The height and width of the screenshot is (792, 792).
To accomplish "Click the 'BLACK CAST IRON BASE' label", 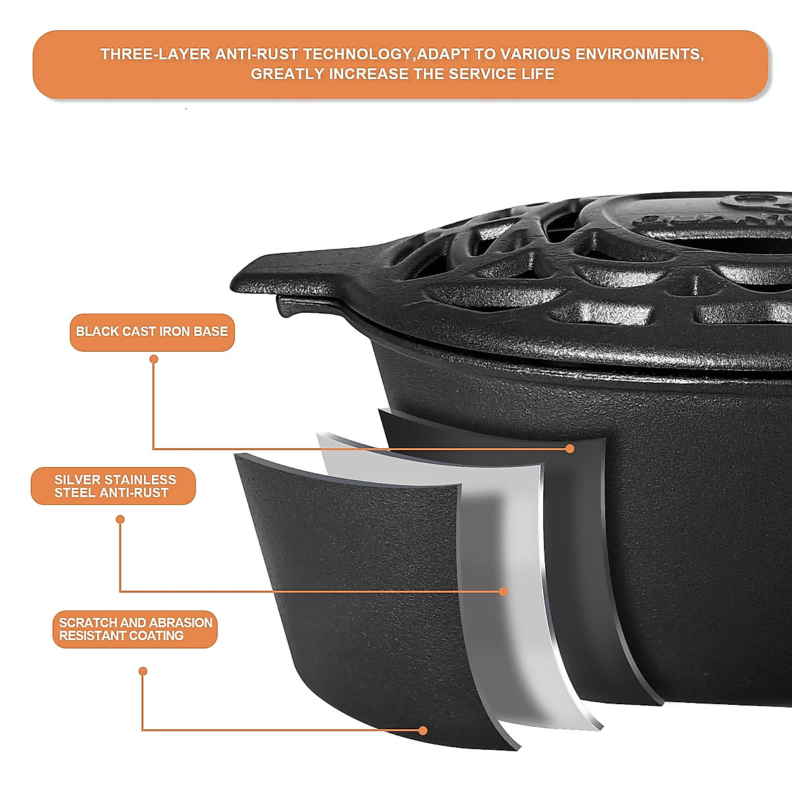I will click(x=152, y=332).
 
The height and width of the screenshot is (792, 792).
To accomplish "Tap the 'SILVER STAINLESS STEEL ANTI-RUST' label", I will click(x=114, y=486).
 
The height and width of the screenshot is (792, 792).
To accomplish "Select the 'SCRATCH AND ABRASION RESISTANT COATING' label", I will click(x=135, y=629).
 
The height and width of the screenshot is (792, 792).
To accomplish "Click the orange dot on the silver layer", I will click(x=504, y=591).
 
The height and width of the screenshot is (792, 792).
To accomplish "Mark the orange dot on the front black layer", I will click(x=423, y=730).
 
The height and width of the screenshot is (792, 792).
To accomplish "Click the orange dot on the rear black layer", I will click(x=570, y=449).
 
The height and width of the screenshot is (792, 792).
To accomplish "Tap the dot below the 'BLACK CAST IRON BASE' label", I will click(x=154, y=359).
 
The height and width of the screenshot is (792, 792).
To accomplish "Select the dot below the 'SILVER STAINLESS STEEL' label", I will click(x=120, y=519).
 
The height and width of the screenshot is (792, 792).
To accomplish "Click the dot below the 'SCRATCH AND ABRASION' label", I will click(x=143, y=671).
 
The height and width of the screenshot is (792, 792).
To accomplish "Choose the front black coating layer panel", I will click(x=370, y=594).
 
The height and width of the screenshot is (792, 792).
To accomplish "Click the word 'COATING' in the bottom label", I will click(x=156, y=636).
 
